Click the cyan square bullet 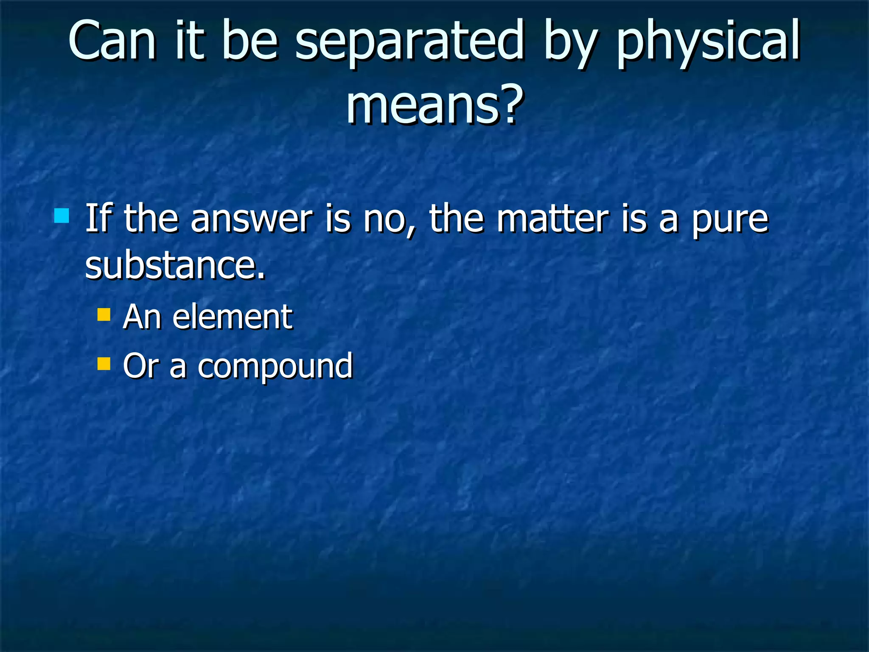(x=62, y=216)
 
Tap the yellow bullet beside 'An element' (x=104, y=315)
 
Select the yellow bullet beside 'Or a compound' (x=104, y=364)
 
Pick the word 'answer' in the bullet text (x=251, y=219)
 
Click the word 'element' (x=232, y=317)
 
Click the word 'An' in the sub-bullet (x=141, y=317)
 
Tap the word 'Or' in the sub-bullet (x=140, y=365)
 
